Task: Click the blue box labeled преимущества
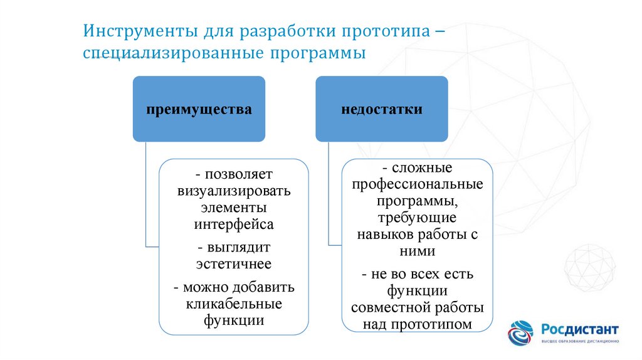coord(199,109)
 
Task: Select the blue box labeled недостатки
coord(382,109)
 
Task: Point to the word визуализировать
coord(234,191)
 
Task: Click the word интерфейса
coord(234,225)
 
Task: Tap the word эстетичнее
coord(234,264)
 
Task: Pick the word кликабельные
coord(234,304)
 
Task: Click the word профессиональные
coord(417,184)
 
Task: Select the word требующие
coord(417,218)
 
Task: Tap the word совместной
coord(387,307)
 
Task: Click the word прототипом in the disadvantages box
coord(431,324)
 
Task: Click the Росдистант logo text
coord(580,330)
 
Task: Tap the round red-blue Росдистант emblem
coord(520,333)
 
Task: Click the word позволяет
coord(239,174)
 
